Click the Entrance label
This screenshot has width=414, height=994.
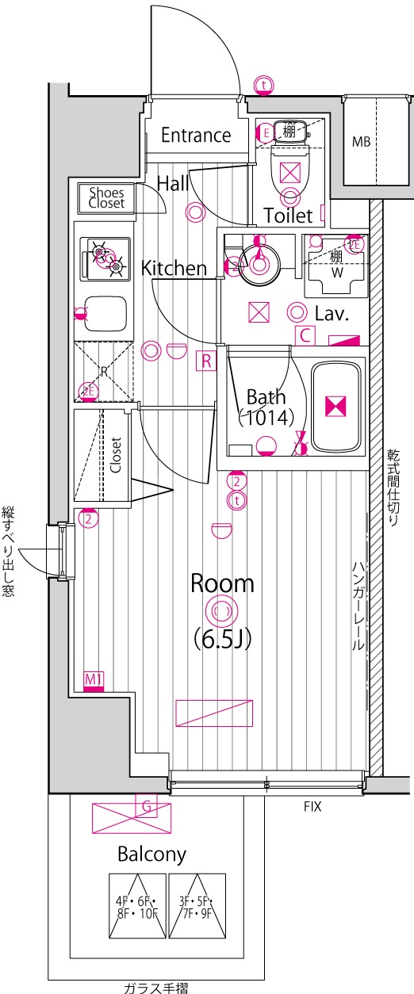coord(196,136)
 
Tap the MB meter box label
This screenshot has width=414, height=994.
coord(361,142)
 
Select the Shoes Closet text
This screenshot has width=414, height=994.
coord(106,198)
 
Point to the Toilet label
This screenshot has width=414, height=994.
coord(288,216)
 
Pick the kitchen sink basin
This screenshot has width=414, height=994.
coord(106,314)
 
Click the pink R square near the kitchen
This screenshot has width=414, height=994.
coord(206,361)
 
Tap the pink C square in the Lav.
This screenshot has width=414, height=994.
coord(305,335)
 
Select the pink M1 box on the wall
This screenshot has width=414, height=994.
coord(94,682)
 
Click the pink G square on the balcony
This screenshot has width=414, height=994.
coord(148,806)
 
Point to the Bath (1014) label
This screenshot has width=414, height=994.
coord(266,407)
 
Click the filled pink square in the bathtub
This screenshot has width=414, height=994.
coord(335,407)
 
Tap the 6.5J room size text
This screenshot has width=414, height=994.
coord(223,640)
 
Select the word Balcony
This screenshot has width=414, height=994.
coord(152,854)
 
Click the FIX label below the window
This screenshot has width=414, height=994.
coord(312,806)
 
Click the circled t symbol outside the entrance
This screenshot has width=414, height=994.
coord(264,85)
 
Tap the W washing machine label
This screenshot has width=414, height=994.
coord(337,273)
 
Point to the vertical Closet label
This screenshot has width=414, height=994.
coord(116,455)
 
